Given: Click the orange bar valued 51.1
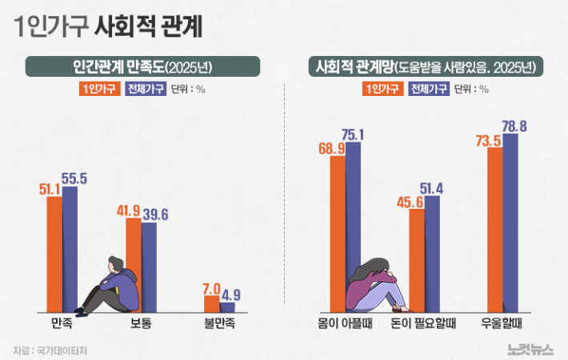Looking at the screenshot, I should click(x=54, y=252).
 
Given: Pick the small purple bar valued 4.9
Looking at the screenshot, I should click(x=228, y=307).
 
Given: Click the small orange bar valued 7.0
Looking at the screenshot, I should click(x=212, y=304).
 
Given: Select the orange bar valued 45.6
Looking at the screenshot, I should click(x=416, y=260).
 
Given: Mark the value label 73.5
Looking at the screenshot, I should click(x=487, y=140).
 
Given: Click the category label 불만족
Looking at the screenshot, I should click(x=220, y=324).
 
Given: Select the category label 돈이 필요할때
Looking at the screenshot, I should click(x=424, y=324).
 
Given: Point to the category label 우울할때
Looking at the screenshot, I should click(x=502, y=324).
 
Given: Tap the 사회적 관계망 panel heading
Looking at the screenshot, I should click(x=424, y=66).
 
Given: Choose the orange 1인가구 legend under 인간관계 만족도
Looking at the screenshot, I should click(x=98, y=89).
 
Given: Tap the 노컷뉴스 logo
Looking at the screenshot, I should click(x=530, y=348).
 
